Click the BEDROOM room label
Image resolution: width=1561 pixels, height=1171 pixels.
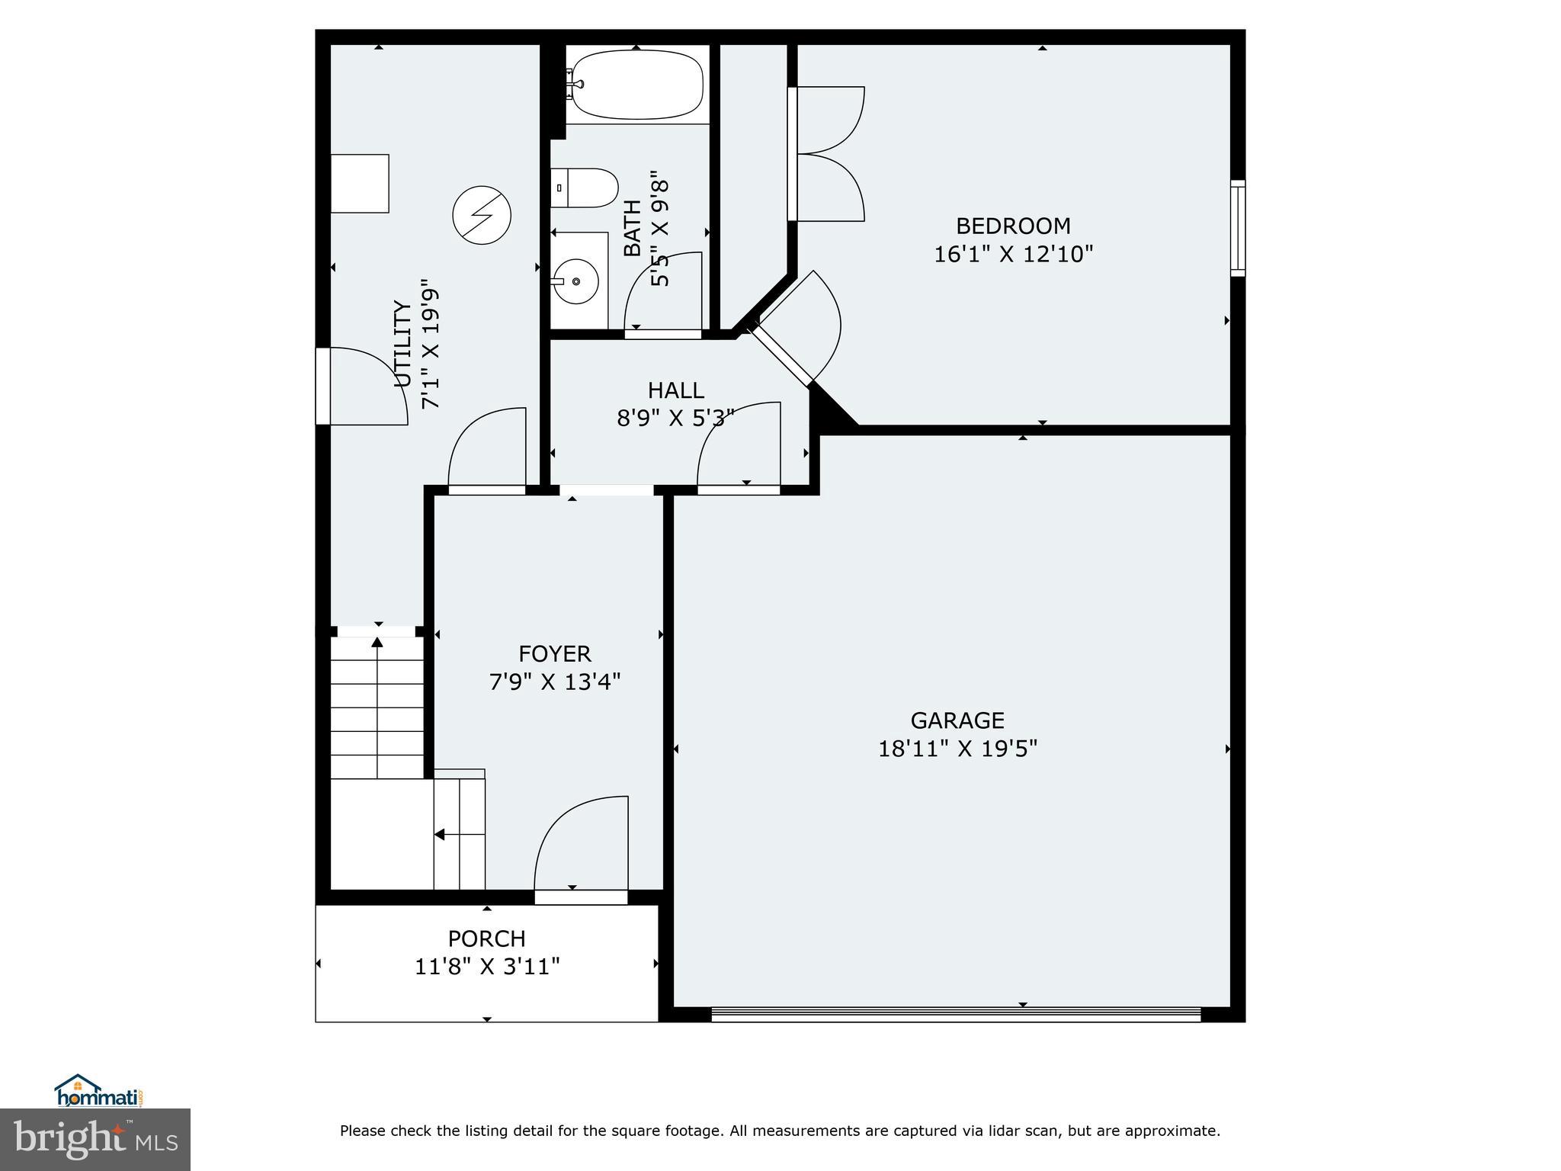pyautogui.click(x=1013, y=226)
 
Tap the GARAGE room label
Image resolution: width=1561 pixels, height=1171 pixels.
pyautogui.click(x=957, y=720)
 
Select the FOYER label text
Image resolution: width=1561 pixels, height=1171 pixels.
pyautogui.click(x=555, y=653)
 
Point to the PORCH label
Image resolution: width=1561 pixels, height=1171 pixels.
pyautogui.click(x=487, y=938)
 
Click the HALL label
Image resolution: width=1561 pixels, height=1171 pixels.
pyautogui.click(x=676, y=390)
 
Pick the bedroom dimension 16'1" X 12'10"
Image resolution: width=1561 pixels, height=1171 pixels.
pyautogui.click(x=1014, y=254)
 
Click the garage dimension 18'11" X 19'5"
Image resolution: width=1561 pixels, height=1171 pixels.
pyautogui.click(x=958, y=749)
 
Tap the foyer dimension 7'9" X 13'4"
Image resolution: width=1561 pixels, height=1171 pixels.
pyautogui.click(x=555, y=682)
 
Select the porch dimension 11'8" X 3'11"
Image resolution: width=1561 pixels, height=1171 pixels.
pyautogui.click(x=487, y=967)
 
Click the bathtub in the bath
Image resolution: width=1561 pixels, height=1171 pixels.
pyautogui.click(x=637, y=84)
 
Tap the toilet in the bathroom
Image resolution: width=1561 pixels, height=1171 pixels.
pyautogui.click(x=584, y=188)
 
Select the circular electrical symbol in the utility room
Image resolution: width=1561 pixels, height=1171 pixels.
pyautogui.click(x=482, y=216)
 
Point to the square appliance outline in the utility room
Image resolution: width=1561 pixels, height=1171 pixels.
pyautogui.click(x=360, y=183)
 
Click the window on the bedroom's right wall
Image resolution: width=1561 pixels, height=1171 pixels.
pyautogui.click(x=1238, y=228)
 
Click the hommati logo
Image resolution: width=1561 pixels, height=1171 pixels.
pyautogui.click(x=100, y=1092)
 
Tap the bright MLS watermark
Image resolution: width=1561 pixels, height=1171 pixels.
pyautogui.click(x=95, y=1140)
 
